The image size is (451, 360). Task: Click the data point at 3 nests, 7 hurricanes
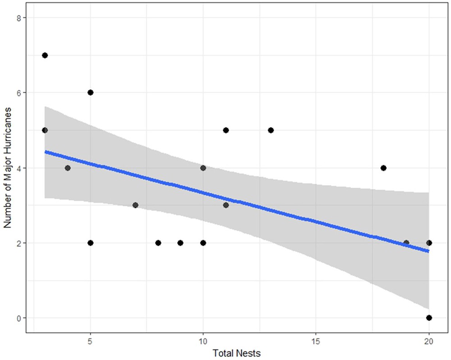(45, 55)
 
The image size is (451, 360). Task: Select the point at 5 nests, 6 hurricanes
(90, 92)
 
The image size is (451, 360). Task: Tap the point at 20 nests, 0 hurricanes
(429, 318)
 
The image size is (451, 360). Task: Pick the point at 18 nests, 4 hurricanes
(384, 168)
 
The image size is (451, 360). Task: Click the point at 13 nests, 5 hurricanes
(271, 130)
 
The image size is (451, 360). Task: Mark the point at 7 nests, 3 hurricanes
(135, 205)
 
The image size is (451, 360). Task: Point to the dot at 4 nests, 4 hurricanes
(68, 168)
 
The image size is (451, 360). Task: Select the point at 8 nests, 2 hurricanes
(158, 243)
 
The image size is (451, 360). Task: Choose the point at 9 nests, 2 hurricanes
(180, 243)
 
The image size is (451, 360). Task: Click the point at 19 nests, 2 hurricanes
(406, 243)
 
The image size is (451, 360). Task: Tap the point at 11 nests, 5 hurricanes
(226, 130)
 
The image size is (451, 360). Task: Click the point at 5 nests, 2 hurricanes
(90, 243)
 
